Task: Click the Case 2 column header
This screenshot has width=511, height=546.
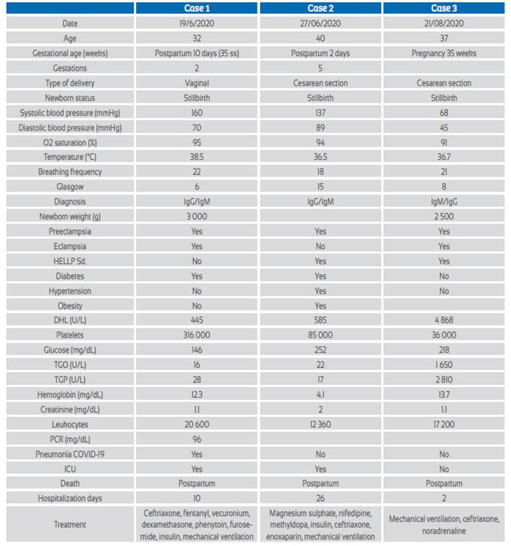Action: point(320,8)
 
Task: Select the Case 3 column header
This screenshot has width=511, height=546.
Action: point(444,8)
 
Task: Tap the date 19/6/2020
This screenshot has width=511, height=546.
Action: point(196,24)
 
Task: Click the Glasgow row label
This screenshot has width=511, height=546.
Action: point(70,186)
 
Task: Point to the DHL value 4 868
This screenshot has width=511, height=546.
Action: point(444,320)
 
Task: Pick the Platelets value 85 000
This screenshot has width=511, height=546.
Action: point(320,335)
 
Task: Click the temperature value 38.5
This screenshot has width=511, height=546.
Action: point(196,157)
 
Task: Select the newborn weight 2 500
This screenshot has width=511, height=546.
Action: point(444,217)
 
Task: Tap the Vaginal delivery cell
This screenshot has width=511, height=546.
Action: point(196,83)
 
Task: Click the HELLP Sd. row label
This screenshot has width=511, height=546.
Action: point(70,261)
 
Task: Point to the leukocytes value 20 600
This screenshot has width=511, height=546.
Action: point(196,424)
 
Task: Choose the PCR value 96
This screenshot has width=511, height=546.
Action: point(196,440)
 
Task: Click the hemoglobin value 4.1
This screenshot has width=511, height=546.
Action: point(320,395)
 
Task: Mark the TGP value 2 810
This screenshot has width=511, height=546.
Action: point(444,380)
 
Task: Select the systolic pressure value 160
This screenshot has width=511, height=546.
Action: point(196,113)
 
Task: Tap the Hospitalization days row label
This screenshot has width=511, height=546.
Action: point(70,499)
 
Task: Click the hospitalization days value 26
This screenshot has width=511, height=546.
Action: point(320,499)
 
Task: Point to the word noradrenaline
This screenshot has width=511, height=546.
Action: point(444,531)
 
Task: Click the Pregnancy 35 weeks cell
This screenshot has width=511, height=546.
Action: point(444,53)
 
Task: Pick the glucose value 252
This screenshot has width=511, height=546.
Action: point(320,350)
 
